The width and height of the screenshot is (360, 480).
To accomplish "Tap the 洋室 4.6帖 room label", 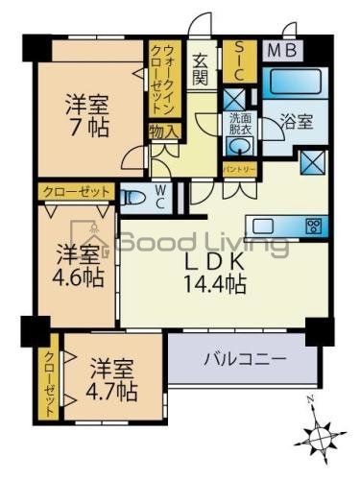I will [77, 265].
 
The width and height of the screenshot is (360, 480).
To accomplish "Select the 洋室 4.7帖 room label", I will [113, 378].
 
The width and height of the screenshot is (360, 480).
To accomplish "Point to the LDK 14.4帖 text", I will [214, 272].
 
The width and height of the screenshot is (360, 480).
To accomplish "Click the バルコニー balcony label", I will [244, 360].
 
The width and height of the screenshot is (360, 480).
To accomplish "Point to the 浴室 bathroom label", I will [296, 123].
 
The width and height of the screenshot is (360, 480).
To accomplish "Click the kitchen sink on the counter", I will [262, 227].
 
